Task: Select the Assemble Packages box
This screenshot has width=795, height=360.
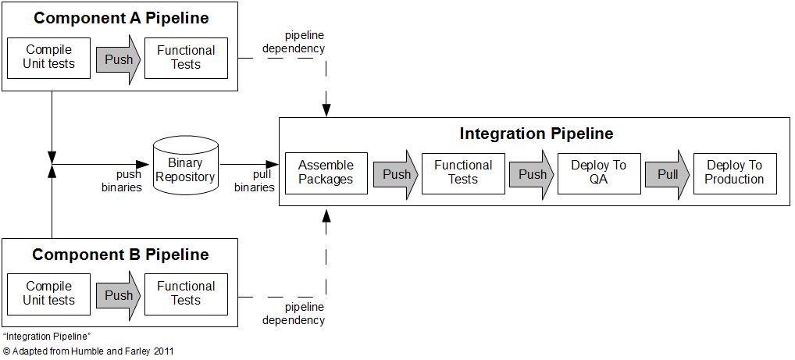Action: [x=326, y=173]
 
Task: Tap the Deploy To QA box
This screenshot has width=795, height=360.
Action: [x=598, y=173]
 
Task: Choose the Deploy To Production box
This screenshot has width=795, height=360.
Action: [x=735, y=173]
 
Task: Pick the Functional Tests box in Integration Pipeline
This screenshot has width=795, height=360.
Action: [x=462, y=173]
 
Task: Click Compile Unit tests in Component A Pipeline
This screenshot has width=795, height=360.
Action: [x=48, y=57]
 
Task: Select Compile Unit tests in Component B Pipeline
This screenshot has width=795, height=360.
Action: [x=48, y=294]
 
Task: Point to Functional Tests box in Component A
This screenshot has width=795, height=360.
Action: [x=186, y=57]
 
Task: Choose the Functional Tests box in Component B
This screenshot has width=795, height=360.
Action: [x=186, y=294]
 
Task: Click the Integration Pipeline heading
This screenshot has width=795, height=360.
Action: [x=536, y=134]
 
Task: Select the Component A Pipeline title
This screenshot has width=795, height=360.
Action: [x=121, y=18]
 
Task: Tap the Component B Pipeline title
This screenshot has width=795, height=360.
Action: [x=120, y=255]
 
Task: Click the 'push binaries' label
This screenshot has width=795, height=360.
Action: [x=121, y=180]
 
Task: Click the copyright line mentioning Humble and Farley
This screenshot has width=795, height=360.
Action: [x=88, y=351]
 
